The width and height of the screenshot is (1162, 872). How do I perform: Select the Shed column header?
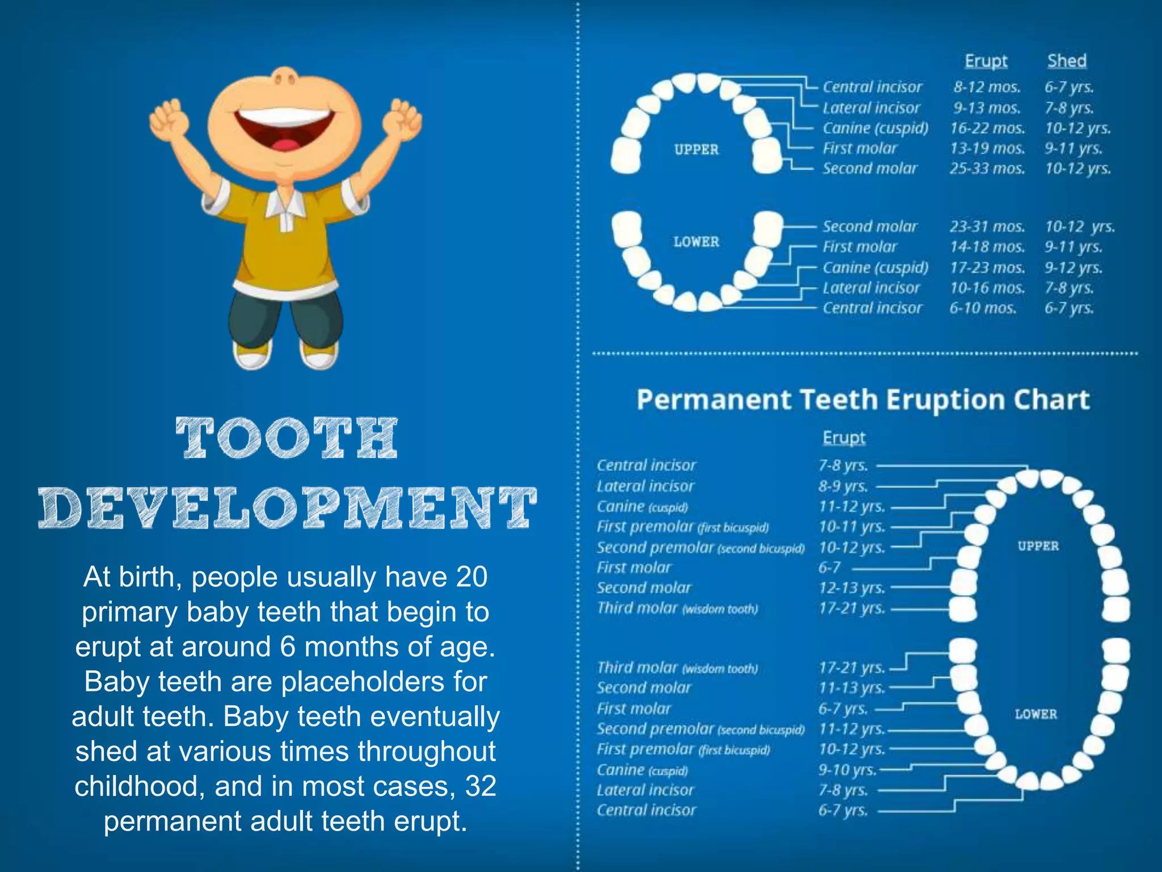(x=1067, y=61)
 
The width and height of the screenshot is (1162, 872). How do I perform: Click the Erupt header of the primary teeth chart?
(x=986, y=61)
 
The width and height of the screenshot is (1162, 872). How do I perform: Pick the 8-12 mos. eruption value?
(x=987, y=87)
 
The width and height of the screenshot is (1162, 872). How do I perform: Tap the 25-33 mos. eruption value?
(x=987, y=169)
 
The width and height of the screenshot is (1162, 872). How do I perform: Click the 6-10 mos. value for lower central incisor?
(x=983, y=308)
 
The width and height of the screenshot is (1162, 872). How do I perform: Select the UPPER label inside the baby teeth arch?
(x=696, y=149)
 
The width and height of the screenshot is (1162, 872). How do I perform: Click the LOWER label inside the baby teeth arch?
(x=696, y=242)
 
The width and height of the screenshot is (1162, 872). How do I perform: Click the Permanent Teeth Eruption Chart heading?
(x=862, y=400)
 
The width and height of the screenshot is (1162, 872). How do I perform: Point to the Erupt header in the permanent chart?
(x=844, y=438)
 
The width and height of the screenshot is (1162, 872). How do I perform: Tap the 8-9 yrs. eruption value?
(x=843, y=487)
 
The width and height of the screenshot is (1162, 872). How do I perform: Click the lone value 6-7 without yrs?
(x=829, y=567)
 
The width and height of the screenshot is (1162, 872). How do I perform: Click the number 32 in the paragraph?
(x=481, y=786)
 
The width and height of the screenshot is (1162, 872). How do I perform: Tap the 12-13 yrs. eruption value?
(x=852, y=588)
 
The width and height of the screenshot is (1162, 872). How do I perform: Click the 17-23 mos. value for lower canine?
(x=987, y=267)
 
